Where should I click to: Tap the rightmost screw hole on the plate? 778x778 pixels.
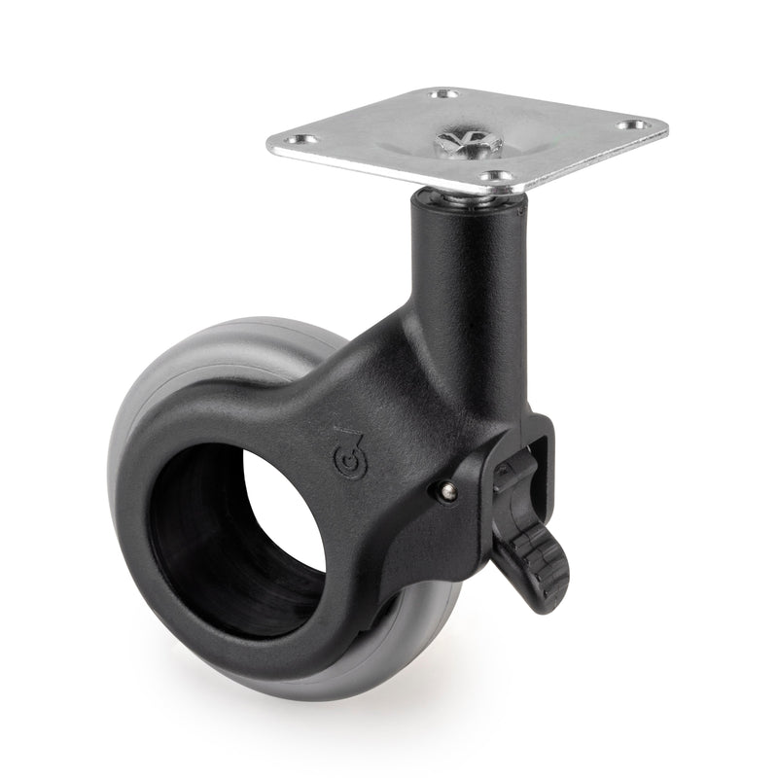[x=639, y=125]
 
